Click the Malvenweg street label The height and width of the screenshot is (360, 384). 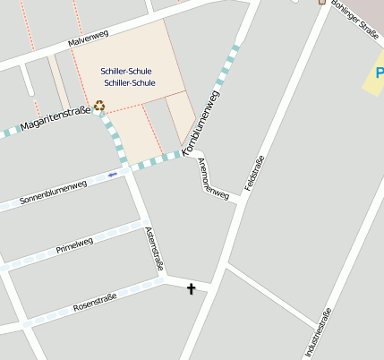(x=87, y=39)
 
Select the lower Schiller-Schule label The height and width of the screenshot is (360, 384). (x=130, y=82)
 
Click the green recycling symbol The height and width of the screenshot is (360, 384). (x=99, y=106)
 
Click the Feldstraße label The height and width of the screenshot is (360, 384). (x=254, y=174)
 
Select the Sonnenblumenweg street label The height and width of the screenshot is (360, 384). (x=53, y=192)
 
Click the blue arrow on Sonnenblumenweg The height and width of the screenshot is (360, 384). (x=113, y=175)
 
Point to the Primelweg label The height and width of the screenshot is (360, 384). (x=74, y=245)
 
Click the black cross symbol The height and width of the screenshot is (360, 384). (x=191, y=288)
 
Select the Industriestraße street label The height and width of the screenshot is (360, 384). (x=318, y=333)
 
